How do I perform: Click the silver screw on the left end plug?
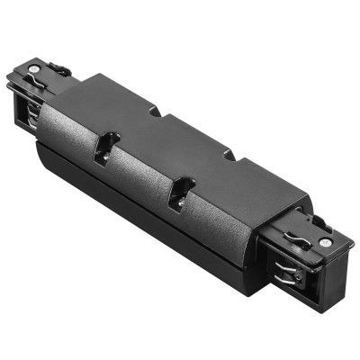click(33, 68)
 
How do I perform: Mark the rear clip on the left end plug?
click(59, 67)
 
